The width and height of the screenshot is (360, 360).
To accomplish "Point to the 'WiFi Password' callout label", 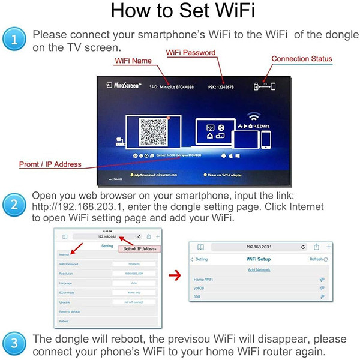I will [191, 53].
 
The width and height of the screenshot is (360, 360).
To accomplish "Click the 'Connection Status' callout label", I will [302, 59].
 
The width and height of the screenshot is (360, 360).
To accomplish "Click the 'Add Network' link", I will [259, 270].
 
